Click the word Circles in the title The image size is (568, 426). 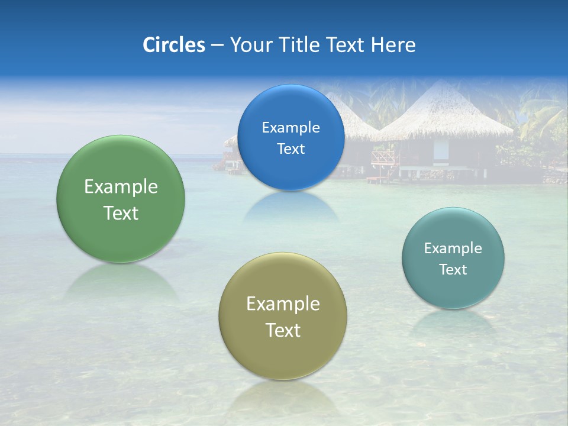click(174, 45)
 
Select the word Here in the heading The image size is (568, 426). click(393, 45)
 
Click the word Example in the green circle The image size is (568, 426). click(121, 187)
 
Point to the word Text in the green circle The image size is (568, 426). click(121, 213)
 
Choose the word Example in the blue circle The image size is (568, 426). click(291, 128)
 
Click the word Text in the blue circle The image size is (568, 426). click(291, 149)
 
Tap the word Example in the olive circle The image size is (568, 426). click(283, 304)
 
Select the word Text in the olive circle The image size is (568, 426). click(283, 330)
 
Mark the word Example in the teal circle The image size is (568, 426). click(453, 248)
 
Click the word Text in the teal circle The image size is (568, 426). click(453, 270)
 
